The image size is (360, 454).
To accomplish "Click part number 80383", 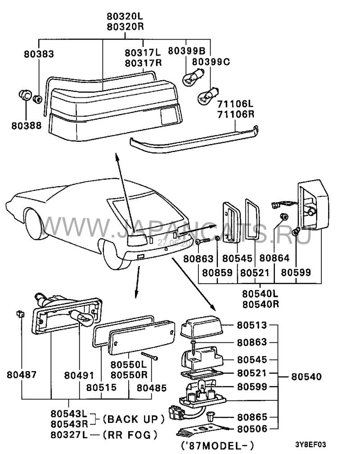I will pyautogui.click(x=39, y=54).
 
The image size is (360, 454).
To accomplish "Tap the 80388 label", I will pyautogui.click(x=27, y=124).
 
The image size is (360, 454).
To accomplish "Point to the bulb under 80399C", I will pyautogui.click(x=207, y=94).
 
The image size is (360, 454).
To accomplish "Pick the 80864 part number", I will pyautogui.click(x=274, y=259).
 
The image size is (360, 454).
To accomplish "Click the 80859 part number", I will pyautogui.click(x=217, y=272).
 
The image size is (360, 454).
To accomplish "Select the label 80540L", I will pyautogui.click(x=261, y=294).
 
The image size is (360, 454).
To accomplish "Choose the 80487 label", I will pyautogui.click(x=22, y=374).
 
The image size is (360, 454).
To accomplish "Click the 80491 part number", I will pyautogui.click(x=79, y=374).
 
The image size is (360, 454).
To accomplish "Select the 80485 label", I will pyautogui.click(x=151, y=387).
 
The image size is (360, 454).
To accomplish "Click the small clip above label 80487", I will pyautogui.click(x=19, y=313).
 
